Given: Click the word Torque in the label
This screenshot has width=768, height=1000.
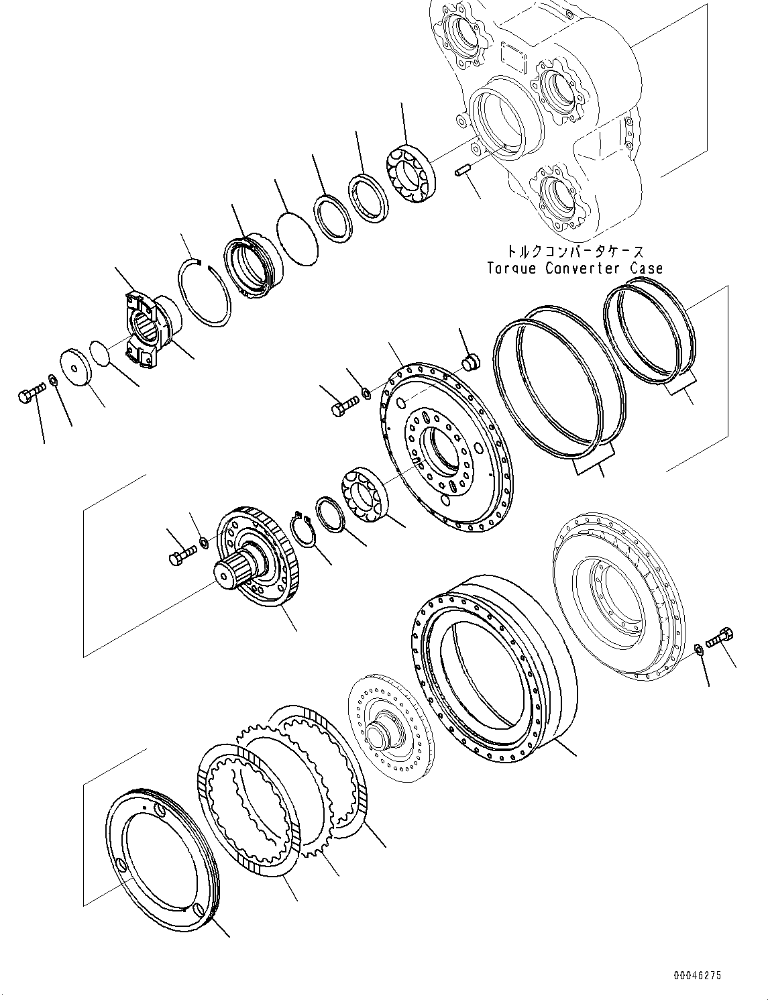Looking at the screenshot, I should (x=512, y=269).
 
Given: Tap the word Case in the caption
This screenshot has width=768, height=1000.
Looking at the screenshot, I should (x=646, y=269).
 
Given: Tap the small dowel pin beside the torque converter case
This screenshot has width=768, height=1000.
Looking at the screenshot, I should (x=461, y=172).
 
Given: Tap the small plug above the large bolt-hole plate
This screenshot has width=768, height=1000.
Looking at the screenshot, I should (x=470, y=362).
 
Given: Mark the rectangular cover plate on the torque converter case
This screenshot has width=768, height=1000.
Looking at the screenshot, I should (x=514, y=57).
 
